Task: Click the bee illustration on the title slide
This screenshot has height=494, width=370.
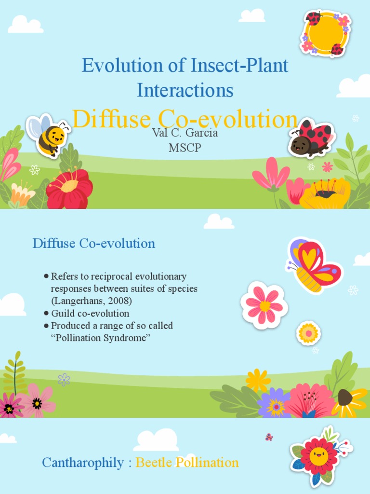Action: click(x=48, y=135)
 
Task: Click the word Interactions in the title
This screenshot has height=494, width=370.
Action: click(x=185, y=90)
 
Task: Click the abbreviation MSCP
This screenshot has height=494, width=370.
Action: click(x=185, y=148)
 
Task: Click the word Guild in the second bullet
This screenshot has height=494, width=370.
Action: click(x=63, y=314)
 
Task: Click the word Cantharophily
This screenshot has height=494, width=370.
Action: click(x=83, y=463)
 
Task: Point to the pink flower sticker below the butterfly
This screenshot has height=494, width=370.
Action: click(x=264, y=305)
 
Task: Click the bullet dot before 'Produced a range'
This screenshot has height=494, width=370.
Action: click(x=46, y=326)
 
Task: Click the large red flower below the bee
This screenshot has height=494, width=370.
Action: click(x=69, y=189)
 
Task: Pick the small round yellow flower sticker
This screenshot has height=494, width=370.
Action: click(x=308, y=333)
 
